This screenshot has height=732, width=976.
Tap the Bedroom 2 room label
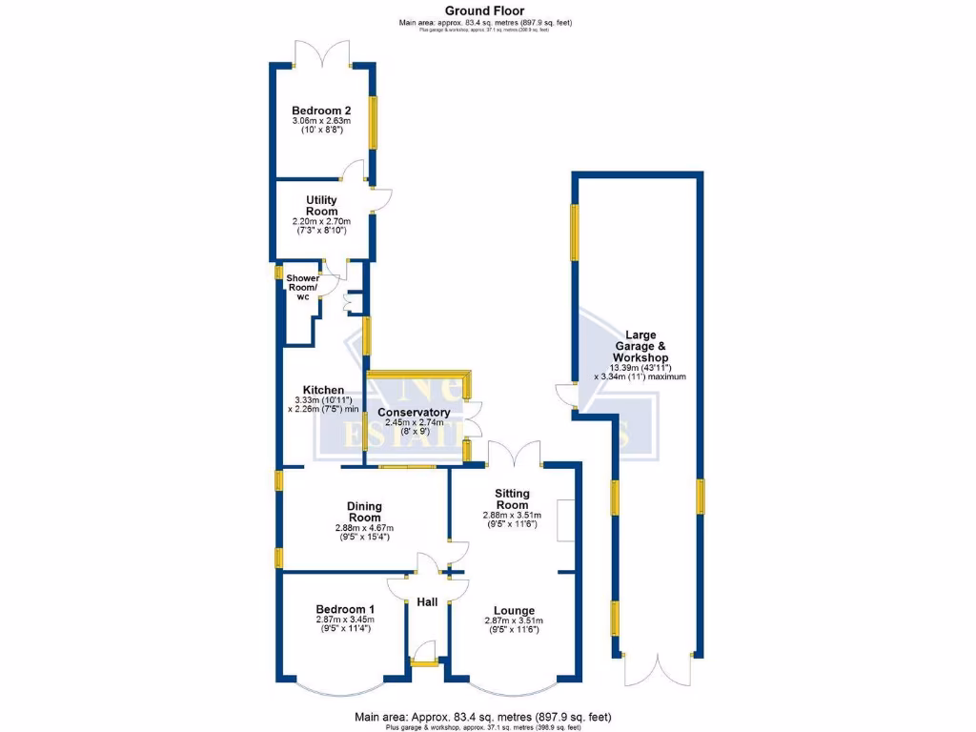[x=321, y=110]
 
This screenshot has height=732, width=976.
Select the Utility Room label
[x=321, y=205]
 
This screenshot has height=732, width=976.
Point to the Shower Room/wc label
[x=303, y=287]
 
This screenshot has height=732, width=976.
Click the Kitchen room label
[x=323, y=390]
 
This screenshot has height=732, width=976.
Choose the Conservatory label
[x=414, y=412]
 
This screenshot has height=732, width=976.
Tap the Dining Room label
[x=364, y=512]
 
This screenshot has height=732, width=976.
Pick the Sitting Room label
[x=512, y=498]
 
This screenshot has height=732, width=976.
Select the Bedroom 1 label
[x=345, y=609]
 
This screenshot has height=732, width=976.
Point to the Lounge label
[x=514, y=610]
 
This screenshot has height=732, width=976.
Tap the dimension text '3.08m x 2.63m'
[x=321, y=121]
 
